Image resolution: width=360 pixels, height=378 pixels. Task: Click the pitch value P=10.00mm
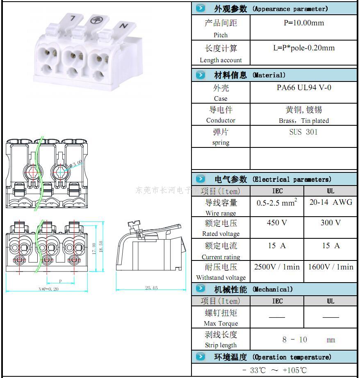pos(304,23)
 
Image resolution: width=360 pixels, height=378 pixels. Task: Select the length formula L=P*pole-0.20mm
pos(304,48)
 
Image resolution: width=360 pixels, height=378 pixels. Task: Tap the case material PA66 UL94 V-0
pos(304,88)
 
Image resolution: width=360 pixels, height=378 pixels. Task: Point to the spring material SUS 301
pos(303,132)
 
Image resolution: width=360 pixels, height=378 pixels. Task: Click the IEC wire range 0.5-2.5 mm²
pos(277,202)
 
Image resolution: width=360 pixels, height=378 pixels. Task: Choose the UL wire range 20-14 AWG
pos(330,202)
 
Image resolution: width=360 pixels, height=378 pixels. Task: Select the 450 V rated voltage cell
pos(277,223)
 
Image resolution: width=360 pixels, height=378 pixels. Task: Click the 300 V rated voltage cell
pos(330,223)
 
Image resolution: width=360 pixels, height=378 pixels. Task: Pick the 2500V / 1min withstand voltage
pos(277,267)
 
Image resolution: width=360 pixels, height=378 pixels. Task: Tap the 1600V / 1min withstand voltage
pos(330,267)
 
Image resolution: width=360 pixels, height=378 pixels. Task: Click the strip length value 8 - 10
pos(294,340)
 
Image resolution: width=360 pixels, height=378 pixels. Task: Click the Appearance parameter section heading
pos(271,9)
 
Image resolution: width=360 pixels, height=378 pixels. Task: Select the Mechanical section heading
pos(253,290)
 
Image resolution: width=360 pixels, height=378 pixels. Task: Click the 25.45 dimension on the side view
pos(151,288)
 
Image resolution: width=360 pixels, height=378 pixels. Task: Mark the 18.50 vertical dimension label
pos(101,247)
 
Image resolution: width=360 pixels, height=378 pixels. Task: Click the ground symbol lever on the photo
pos(97,20)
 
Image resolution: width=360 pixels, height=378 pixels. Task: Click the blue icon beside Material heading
pos(200,75)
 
